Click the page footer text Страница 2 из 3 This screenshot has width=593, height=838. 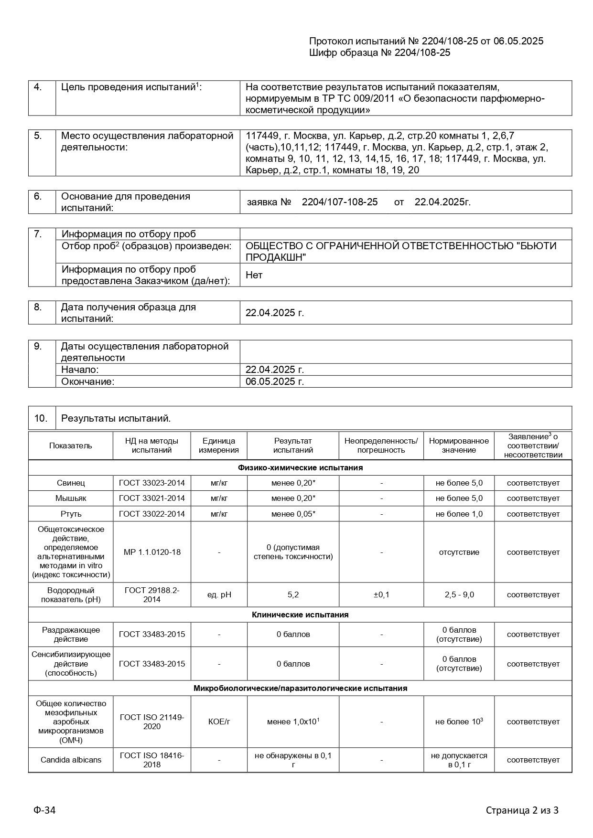click(522, 810)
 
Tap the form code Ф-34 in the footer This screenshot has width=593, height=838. click(44, 810)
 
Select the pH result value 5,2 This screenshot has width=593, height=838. click(293, 595)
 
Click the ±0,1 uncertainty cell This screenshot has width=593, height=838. click(381, 595)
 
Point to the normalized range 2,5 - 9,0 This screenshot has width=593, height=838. click(459, 595)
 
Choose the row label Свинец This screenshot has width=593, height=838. click(71, 483)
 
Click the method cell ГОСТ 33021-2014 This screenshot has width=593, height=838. click(152, 499)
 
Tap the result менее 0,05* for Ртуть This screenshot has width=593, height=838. click(293, 514)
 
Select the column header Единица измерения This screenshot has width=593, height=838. click(219, 446)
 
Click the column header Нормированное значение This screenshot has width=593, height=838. click(459, 446)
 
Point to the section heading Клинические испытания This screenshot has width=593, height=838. click(300, 615)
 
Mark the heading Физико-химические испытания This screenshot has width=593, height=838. click(300, 468)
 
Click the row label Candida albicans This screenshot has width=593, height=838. click(71, 760)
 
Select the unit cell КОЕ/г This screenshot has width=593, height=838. click(219, 722)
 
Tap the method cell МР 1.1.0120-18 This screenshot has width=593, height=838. click(152, 552)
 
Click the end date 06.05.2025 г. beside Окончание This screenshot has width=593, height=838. click(275, 382)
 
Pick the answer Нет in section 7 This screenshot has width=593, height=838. click(254, 275)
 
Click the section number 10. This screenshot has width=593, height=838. click(41, 419)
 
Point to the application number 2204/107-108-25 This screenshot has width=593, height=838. click(340, 202)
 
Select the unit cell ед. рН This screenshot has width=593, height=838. click(219, 595)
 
